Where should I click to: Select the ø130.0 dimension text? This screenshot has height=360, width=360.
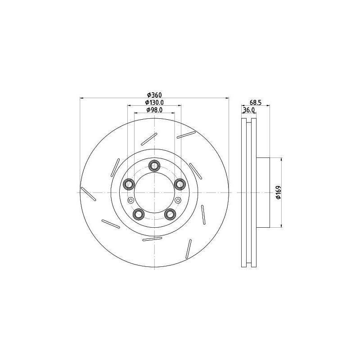click(154, 103)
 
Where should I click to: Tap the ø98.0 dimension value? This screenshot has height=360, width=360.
click(154, 110)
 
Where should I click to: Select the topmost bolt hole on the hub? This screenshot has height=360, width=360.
click(154, 166)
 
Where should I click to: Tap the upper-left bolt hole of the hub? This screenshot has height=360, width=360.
click(129, 184)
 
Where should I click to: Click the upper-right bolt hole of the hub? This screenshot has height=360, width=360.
click(180, 184)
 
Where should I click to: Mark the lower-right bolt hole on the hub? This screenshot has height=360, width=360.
click(170, 214)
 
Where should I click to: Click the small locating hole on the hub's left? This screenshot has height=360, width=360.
click(130, 200)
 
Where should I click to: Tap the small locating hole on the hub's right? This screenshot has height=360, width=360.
click(178, 200)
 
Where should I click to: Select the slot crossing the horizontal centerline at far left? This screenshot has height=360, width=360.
click(88, 193)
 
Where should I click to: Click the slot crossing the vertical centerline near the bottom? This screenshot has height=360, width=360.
click(152, 238)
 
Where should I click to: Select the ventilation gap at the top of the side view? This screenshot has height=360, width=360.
click(249, 121)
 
